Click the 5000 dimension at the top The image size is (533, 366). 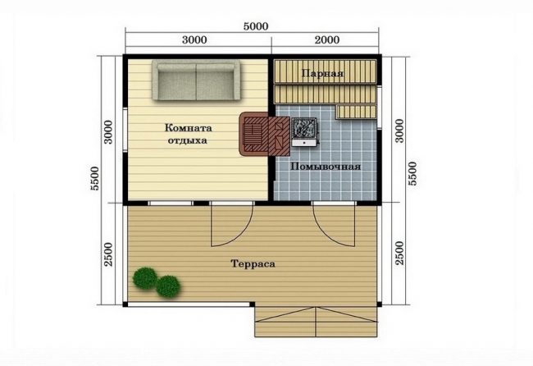tap(256, 26)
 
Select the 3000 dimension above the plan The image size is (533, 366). tap(194, 39)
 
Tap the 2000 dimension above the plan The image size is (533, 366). tap(326, 39)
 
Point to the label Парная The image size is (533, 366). tap(322, 73)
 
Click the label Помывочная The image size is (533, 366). tap(326, 167)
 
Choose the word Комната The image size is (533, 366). tap(189, 128)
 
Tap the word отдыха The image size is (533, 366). tap(187, 140)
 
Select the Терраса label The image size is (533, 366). tap(253, 263)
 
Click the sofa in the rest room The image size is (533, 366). tap(196, 80)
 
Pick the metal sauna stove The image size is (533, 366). tap(304, 132)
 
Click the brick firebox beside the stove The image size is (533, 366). tap(265, 134)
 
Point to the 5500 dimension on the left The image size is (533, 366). tap(95, 178)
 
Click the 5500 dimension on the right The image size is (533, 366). tap(412, 173)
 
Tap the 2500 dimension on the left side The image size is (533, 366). tap(108, 254)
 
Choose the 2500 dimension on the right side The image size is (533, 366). tap(400, 253)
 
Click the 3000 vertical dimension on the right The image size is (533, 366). tap(400, 131)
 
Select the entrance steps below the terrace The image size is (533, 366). tap(317, 322)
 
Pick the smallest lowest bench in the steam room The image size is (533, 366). tap(356, 112)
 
